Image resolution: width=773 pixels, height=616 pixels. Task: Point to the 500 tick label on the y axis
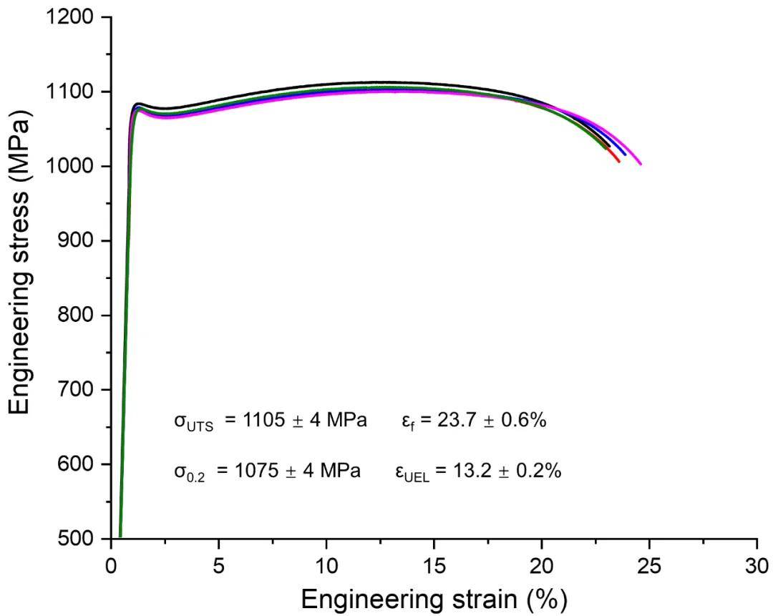click(78, 539)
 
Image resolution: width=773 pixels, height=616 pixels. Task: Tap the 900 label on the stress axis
click(78, 241)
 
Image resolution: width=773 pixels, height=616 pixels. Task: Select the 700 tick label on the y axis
click(78, 390)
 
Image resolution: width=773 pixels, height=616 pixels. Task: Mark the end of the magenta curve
click(641, 164)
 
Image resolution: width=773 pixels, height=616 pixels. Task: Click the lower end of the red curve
click(619, 162)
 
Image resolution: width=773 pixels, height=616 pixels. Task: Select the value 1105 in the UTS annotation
click(263, 421)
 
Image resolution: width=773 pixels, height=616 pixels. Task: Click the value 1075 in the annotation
click(258, 472)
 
